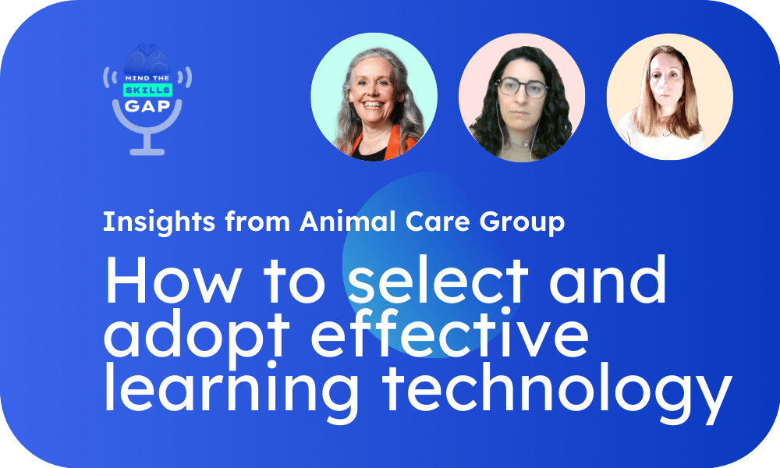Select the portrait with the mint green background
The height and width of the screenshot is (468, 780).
374,97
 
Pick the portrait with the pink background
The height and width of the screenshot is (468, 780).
522,97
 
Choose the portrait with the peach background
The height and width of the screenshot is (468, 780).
669,97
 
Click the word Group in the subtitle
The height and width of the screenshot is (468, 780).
523,222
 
